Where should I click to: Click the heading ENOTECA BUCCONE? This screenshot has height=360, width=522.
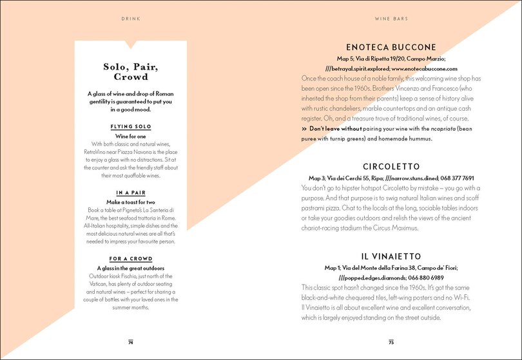tap(391, 48)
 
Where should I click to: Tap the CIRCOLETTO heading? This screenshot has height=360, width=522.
tap(391, 166)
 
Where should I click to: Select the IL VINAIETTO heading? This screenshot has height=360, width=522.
tap(391, 256)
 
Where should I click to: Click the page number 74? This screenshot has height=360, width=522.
tap(130, 342)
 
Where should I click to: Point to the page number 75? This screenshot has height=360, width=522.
tap(391, 342)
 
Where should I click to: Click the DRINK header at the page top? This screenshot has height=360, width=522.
tap(130, 19)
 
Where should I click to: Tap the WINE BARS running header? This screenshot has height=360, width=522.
tap(391, 19)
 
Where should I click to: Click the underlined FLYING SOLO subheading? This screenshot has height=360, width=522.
tap(131, 127)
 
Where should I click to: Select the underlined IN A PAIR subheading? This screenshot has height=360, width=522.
tap(131, 193)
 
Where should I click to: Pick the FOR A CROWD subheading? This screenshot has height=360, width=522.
tap(131, 259)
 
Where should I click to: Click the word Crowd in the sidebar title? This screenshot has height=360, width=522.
tap(131, 77)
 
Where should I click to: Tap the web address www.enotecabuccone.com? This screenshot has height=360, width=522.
tap(424, 68)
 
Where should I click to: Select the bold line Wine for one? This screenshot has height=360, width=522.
tap(131, 136)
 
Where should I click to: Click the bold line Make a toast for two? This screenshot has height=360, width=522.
tap(131, 202)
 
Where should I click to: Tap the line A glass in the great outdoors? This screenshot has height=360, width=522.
tap(131, 268)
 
